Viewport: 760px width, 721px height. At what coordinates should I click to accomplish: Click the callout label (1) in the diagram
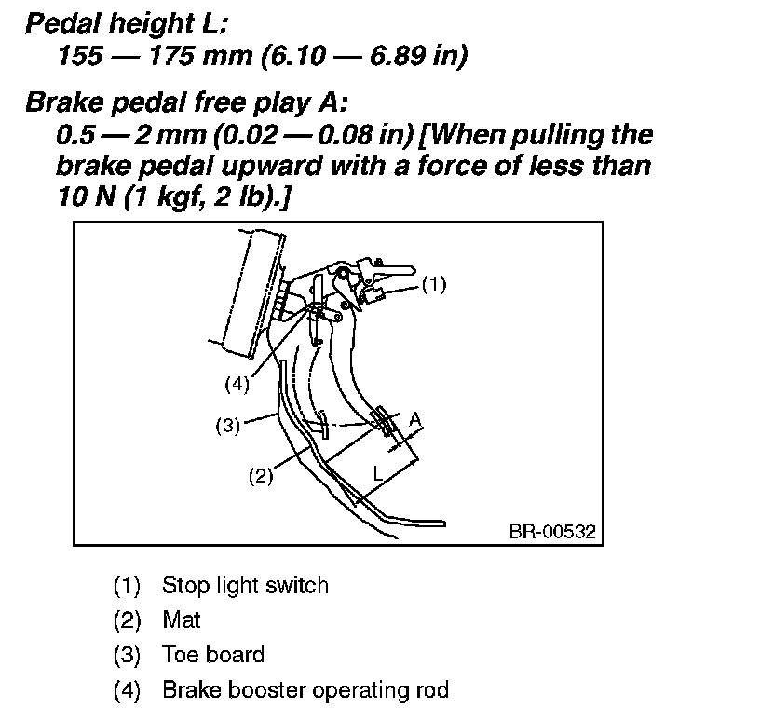coord(434,285)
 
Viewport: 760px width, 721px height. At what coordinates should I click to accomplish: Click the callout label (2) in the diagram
coord(260,476)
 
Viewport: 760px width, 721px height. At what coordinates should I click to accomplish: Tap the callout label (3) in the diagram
coord(228,426)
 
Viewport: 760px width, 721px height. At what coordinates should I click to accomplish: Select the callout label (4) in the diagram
coord(238,382)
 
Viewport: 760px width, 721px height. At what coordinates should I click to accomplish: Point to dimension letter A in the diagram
coord(415,421)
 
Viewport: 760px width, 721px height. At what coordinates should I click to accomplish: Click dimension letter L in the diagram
coord(377,473)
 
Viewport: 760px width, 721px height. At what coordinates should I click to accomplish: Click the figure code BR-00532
coord(552,532)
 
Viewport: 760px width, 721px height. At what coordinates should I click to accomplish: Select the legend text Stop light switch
coord(245,586)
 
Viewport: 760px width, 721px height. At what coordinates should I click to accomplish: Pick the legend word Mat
coord(182,619)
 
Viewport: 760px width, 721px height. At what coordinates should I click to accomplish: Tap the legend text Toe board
coord(213,655)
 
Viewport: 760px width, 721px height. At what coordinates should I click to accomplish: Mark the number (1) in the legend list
coord(127,586)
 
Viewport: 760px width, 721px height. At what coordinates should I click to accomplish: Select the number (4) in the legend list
coord(127,690)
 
